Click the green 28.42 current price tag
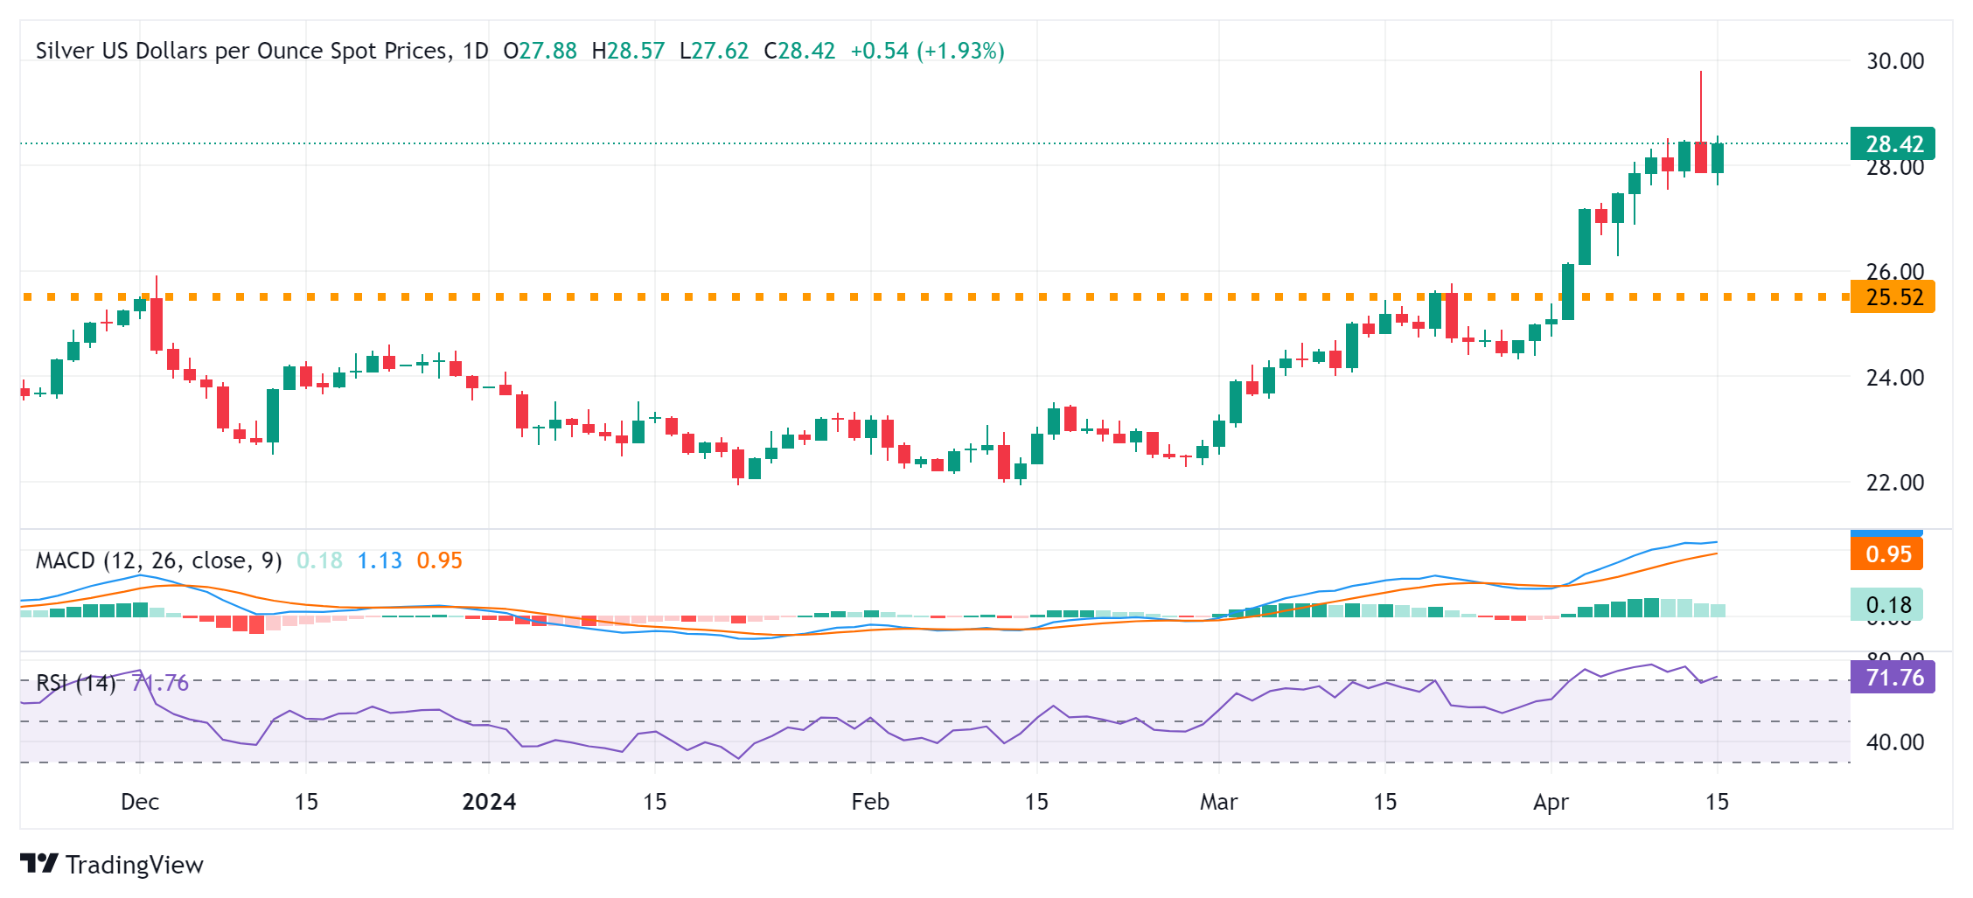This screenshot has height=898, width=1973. pos(1893,143)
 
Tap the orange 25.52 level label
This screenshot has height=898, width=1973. pos(1893,297)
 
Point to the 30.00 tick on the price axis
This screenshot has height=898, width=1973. pos(1894,61)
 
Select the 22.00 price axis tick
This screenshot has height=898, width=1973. pos(1894,483)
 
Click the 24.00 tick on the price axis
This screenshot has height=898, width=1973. pos(1894,378)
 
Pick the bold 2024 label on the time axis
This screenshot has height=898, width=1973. pos(489,802)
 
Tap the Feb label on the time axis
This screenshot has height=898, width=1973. pos(870,802)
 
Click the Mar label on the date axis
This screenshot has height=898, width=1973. pos(1218,802)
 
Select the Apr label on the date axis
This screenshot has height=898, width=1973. pos(1551,802)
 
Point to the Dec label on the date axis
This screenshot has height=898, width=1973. pos(140,802)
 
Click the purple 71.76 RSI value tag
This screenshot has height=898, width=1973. pos(1893,678)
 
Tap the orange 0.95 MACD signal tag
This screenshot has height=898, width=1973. pos(1887,554)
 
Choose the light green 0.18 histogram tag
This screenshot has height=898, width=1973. pos(1887,605)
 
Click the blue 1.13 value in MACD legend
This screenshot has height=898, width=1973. pos(380,560)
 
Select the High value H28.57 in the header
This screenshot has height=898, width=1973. pos(628,51)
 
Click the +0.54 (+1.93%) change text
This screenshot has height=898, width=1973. pos(927,51)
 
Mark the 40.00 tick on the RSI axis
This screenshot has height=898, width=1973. pos(1894,742)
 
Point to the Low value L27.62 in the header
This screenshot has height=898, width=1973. pos(714,51)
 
